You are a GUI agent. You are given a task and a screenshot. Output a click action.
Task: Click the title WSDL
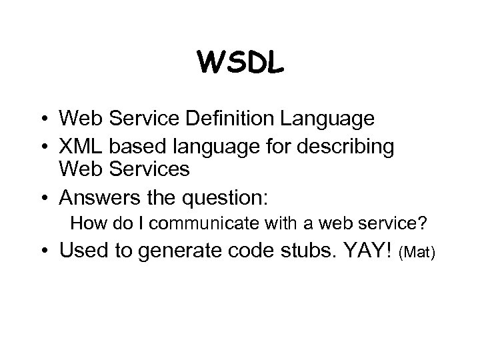point(240,63)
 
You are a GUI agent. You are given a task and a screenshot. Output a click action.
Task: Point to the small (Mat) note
point(417,253)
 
